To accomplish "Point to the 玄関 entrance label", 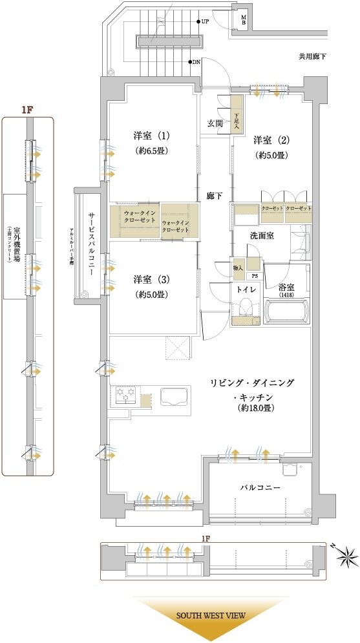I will click(215, 123).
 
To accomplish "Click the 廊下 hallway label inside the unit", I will click(215, 195).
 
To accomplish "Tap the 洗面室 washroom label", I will click(262, 235).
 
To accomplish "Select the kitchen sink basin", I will click(173, 396).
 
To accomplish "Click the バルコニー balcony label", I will click(260, 487).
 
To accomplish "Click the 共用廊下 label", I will click(312, 57).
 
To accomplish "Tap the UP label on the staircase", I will click(204, 21).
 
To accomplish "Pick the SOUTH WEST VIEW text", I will click(211, 616).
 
